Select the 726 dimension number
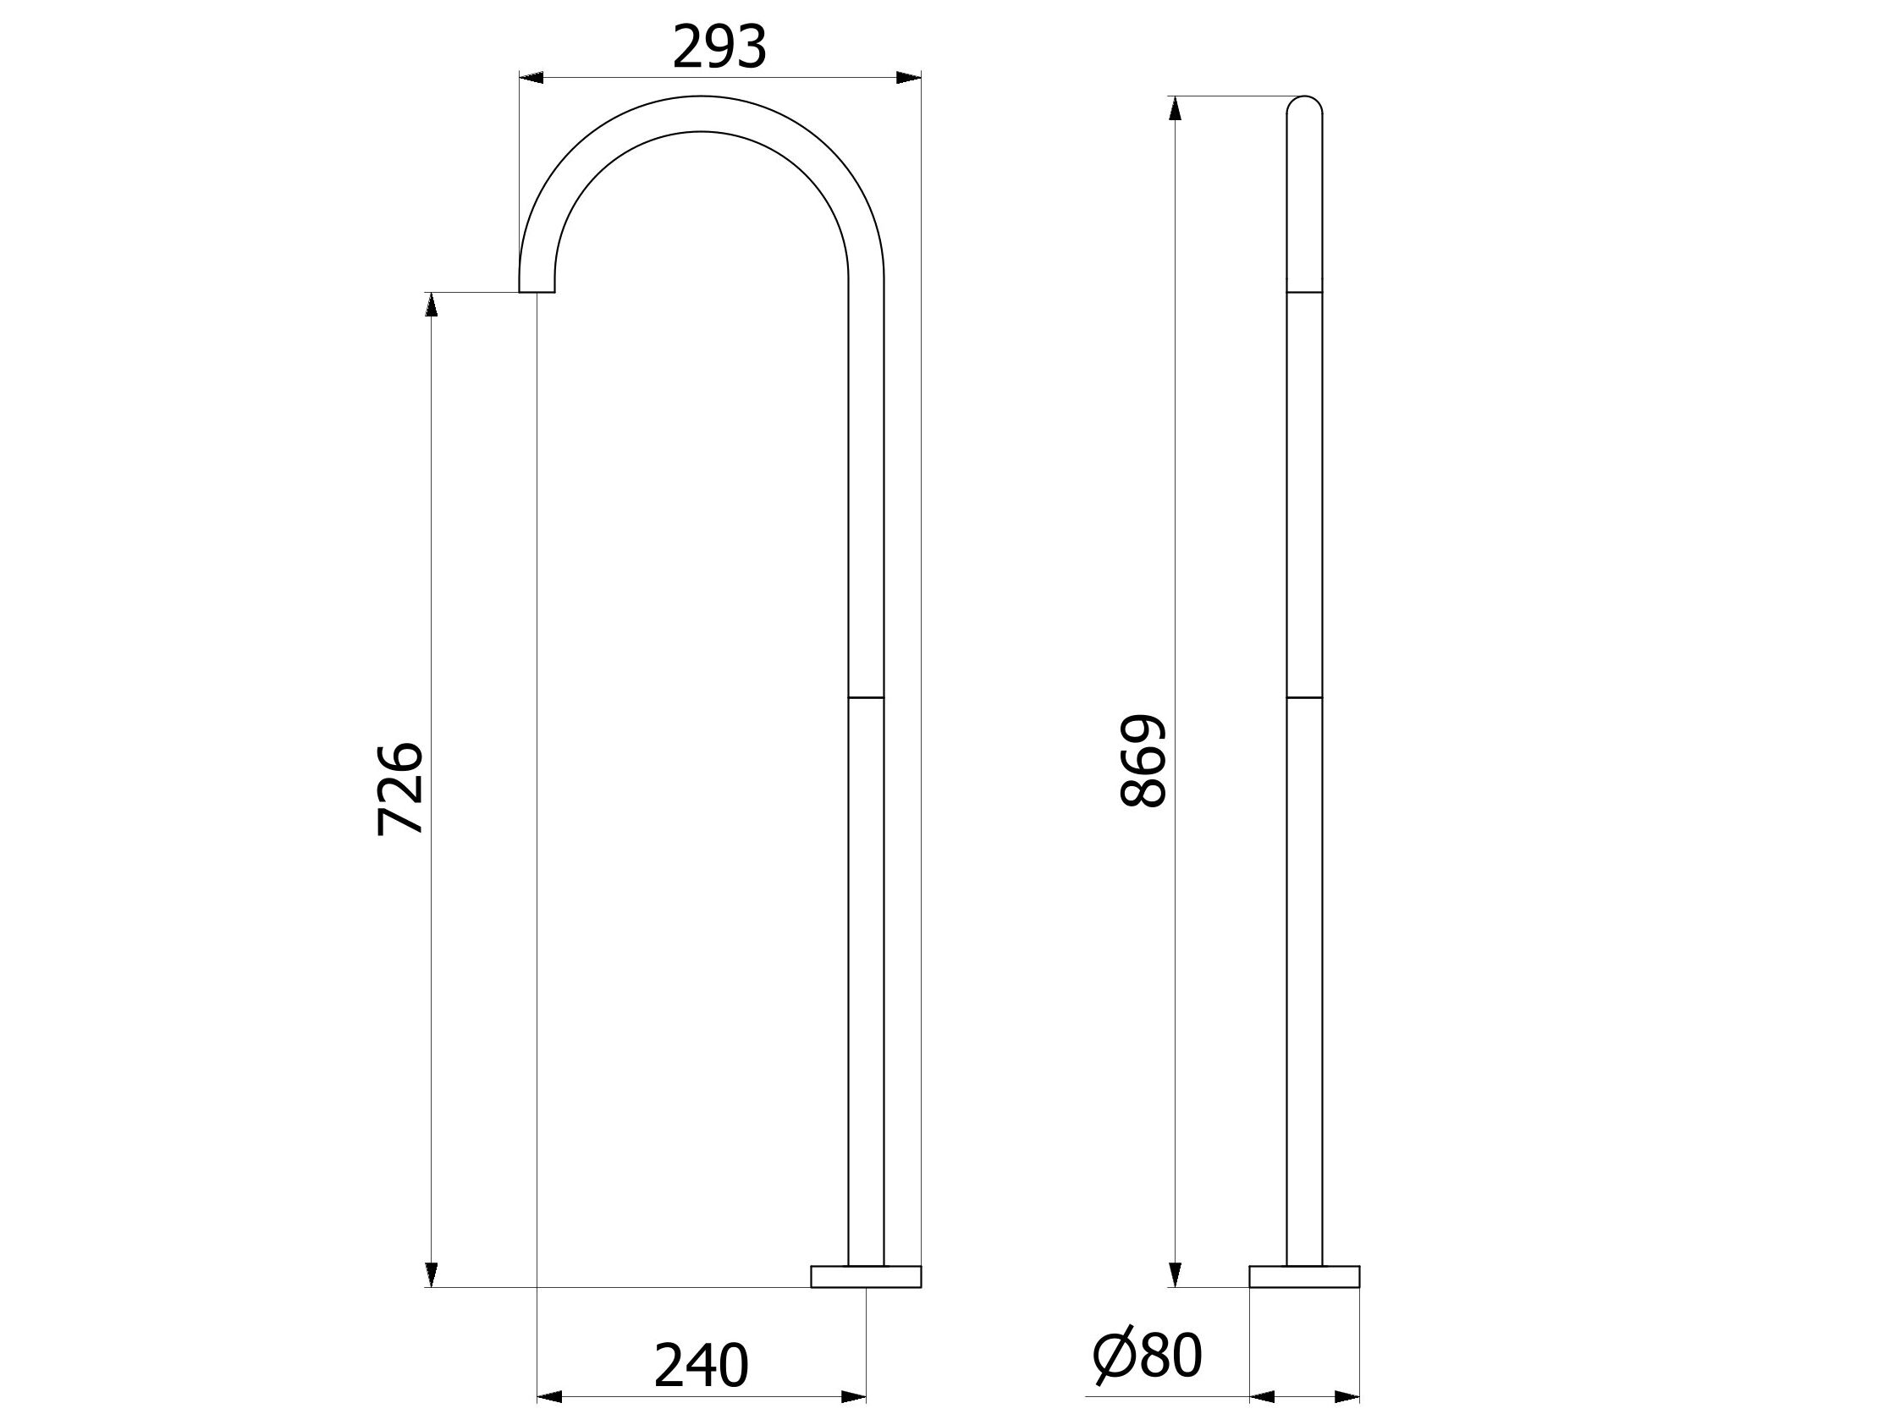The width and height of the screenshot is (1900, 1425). point(400,789)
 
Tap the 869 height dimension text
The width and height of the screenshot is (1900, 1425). point(1144,760)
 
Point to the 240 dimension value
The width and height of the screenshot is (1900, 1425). point(701,1365)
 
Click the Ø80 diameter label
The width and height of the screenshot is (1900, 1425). point(1148,1357)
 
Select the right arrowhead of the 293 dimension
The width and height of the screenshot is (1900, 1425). point(908,78)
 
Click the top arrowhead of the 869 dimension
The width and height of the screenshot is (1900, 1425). point(1175,109)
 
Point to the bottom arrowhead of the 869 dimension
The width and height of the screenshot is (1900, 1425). point(1175,1274)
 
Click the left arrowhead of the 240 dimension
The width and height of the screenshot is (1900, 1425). point(550,1397)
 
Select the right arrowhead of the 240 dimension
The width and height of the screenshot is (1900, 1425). point(853,1397)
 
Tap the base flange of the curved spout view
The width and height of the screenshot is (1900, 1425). point(866,1276)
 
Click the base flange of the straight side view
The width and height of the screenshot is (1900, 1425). point(1304,1276)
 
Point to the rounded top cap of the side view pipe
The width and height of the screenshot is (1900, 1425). point(1304,104)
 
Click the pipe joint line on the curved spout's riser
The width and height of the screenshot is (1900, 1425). point(866,697)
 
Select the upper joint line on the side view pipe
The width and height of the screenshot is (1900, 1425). point(1304,293)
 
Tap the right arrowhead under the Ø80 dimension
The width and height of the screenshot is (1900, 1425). point(1347,1397)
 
